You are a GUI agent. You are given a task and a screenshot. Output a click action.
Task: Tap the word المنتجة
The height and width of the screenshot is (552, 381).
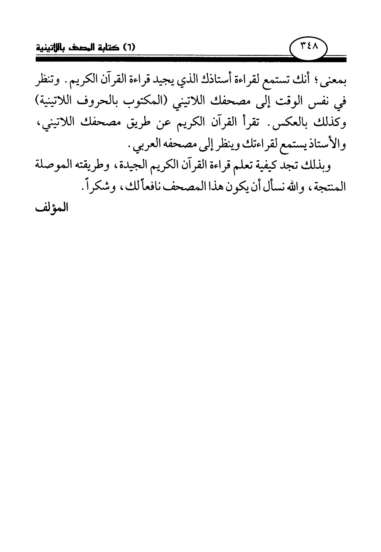tap(331, 187)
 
